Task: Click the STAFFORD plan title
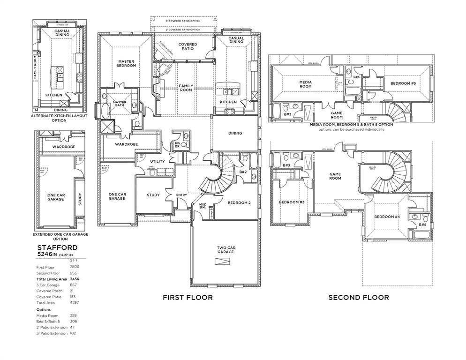point(57,247)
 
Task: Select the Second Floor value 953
point(74,273)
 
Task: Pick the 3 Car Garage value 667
point(74,285)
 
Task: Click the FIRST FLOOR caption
point(188,297)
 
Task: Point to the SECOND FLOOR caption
point(358,297)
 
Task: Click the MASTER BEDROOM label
point(127,63)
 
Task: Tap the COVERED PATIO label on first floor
point(188,46)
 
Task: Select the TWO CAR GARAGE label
point(225,249)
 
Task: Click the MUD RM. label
point(203,206)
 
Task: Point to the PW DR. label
point(177,145)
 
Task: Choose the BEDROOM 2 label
point(240,203)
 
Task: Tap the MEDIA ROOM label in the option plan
point(306,84)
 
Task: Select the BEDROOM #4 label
point(387,217)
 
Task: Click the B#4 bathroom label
point(422,225)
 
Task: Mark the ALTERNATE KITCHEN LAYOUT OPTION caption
point(59,118)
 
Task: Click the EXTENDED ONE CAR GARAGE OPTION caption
point(60,236)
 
